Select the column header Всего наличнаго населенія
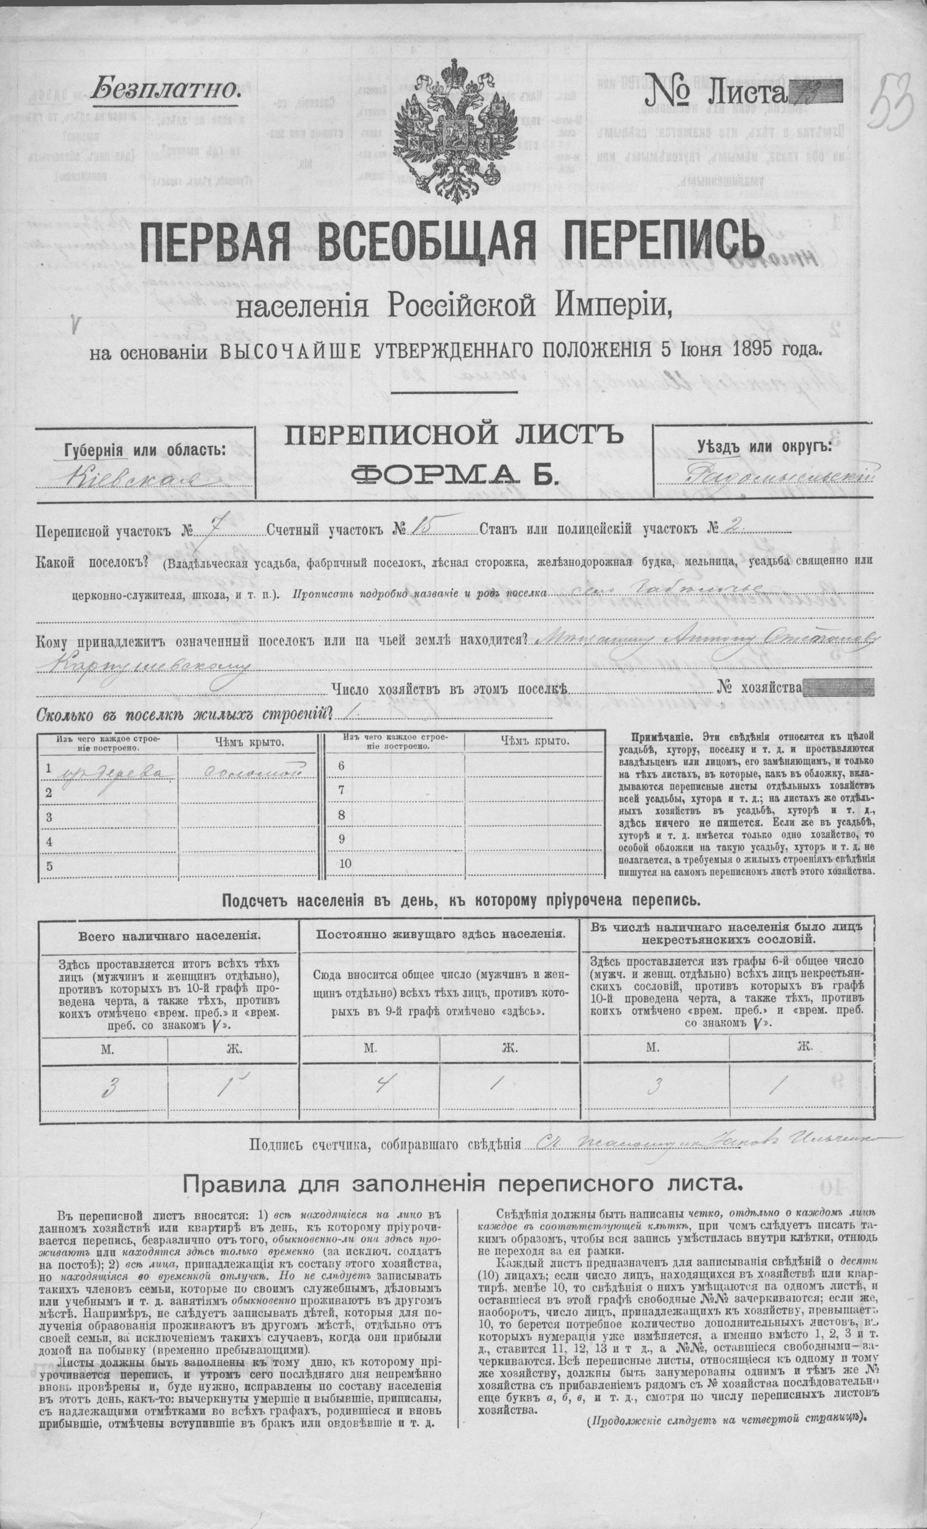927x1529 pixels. (x=168, y=934)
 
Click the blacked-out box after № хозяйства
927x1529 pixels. (x=839, y=688)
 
